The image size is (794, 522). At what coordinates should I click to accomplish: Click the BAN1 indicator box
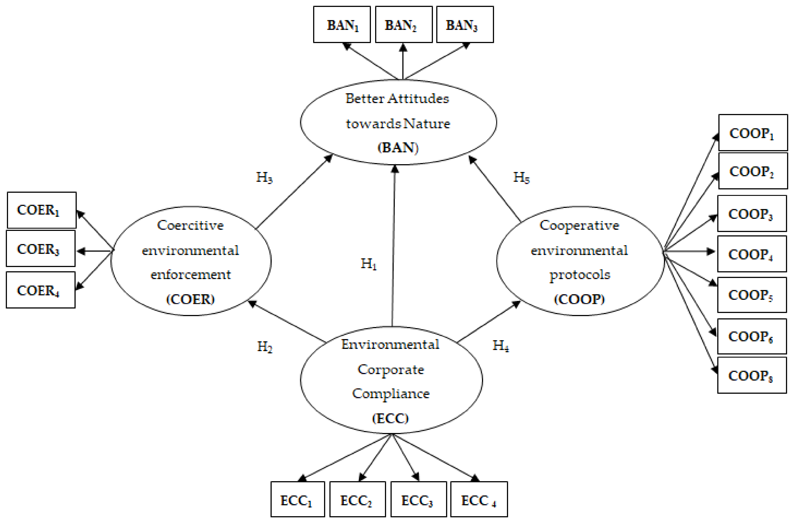point(342,25)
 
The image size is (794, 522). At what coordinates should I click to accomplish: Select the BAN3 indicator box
point(465,25)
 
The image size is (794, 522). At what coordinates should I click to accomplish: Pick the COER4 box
point(41,290)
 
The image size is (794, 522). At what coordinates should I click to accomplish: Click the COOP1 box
point(753,133)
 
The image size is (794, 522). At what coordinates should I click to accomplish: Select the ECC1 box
point(298,500)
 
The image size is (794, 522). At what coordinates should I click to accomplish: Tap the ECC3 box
point(418,500)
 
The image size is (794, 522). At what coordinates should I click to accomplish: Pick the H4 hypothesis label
point(501,346)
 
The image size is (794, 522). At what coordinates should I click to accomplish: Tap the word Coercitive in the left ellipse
point(190,225)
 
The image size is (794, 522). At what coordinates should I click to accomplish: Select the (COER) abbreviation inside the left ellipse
point(190,299)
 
